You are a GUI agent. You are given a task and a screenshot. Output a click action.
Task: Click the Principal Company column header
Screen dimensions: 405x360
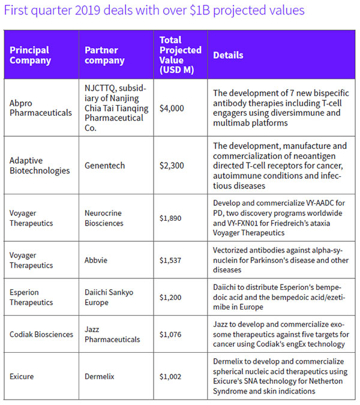[x=29, y=55]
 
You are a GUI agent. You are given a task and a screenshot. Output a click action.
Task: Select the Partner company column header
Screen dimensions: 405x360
[x=104, y=55]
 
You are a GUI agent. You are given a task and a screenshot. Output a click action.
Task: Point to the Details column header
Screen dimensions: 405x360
[x=229, y=55]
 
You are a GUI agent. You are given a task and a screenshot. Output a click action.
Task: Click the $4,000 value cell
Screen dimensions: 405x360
[x=172, y=108]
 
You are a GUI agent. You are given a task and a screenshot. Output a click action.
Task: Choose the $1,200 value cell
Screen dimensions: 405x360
[x=172, y=297]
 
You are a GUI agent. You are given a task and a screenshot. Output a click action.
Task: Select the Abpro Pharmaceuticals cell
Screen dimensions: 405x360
[x=41, y=108]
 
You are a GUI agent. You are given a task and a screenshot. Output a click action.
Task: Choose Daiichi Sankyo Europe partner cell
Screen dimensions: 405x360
[x=109, y=297]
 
